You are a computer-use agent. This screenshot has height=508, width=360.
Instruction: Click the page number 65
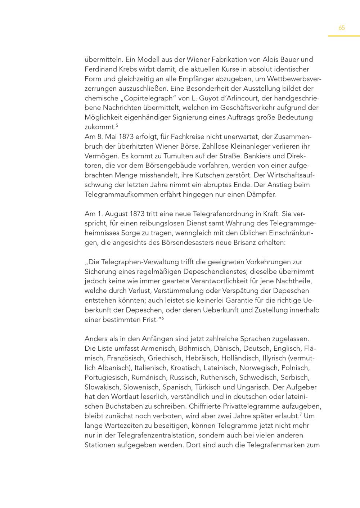(x=342, y=28)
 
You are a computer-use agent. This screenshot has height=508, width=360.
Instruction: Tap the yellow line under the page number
(x=343, y=36)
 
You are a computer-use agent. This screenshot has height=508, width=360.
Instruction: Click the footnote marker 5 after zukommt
(x=117, y=125)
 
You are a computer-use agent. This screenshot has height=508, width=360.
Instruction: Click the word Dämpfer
(x=261, y=194)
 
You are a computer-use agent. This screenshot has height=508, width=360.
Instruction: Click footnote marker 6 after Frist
(x=163, y=318)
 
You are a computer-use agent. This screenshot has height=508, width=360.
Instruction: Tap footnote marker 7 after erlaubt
(x=301, y=414)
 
